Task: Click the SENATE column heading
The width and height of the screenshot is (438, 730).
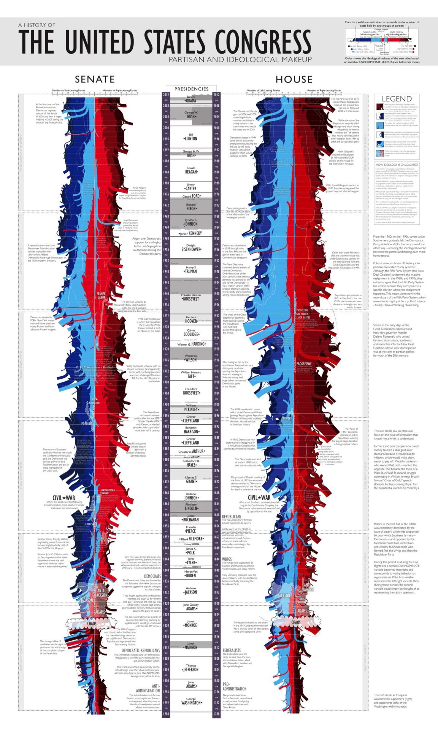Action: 95,79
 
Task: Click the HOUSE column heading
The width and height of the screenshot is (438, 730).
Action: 294,79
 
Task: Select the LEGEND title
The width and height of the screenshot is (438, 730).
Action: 397,99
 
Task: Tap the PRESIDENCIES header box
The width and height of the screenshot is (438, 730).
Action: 191,89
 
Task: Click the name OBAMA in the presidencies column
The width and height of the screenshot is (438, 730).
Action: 191,101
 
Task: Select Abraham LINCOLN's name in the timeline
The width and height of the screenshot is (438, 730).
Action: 191,508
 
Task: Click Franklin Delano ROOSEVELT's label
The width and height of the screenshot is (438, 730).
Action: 191,299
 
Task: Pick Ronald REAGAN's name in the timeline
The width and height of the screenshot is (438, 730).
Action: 191,172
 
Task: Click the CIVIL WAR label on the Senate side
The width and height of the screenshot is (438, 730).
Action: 64,498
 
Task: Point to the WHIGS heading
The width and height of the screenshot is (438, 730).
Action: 227,559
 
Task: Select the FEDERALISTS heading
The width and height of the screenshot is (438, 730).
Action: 232,651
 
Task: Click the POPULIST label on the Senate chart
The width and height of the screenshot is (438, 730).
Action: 87,424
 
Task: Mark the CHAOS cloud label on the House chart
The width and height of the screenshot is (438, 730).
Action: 296,622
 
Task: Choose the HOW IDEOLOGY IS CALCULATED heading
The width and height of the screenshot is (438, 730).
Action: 397,165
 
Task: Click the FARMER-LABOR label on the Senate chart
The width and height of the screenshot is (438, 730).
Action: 102,295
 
